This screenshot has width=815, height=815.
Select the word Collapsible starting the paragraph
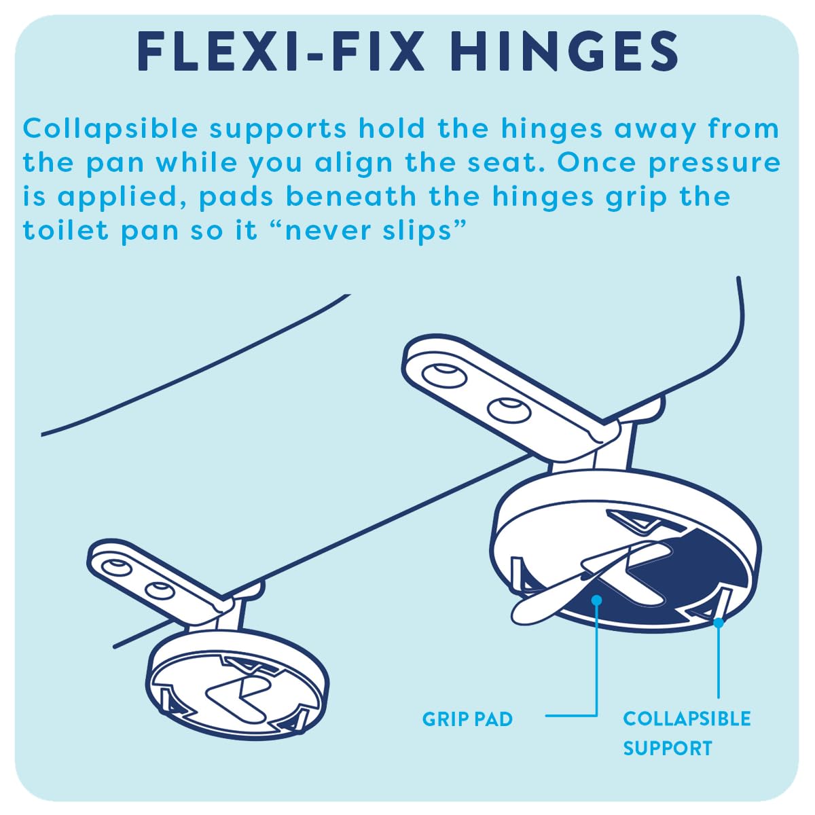pyautogui.click(x=111, y=130)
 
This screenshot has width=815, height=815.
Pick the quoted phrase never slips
pyautogui.click(x=372, y=230)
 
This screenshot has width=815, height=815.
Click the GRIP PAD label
pyautogui.click(x=467, y=719)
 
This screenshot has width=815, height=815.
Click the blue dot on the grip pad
pyautogui.click(x=597, y=600)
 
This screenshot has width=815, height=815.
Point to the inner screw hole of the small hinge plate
pyautogui.click(x=159, y=590)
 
